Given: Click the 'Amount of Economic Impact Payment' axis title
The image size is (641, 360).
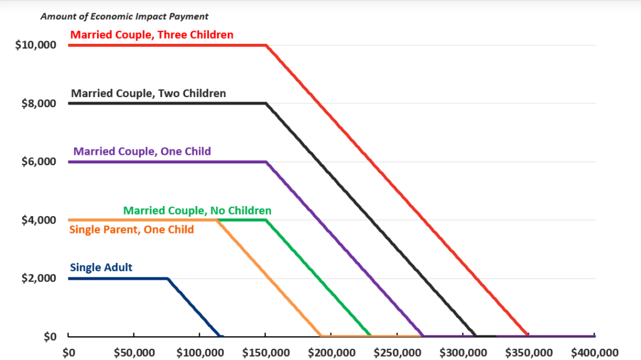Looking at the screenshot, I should click(125, 16).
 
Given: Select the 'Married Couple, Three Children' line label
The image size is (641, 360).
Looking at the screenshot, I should click(151, 35).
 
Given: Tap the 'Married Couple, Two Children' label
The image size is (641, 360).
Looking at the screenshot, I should click(148, 93).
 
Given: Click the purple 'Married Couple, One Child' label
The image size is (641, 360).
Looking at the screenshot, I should click(142, 152).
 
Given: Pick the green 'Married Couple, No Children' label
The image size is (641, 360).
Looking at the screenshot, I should click(197, 210).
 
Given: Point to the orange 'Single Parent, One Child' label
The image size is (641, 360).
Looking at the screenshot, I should click(131, 230).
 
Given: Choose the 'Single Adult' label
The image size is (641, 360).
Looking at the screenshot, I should click(101, 268).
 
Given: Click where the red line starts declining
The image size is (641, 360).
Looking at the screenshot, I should click(267, 45).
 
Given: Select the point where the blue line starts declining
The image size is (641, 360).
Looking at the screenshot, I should click(168, 278).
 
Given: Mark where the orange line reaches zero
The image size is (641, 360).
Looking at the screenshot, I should click(320, 336).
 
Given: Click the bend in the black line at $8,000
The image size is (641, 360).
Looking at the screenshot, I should click(267, 103).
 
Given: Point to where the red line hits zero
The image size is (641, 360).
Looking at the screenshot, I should click(528, 336).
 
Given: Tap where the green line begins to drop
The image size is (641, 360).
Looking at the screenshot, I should click(267, 220).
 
